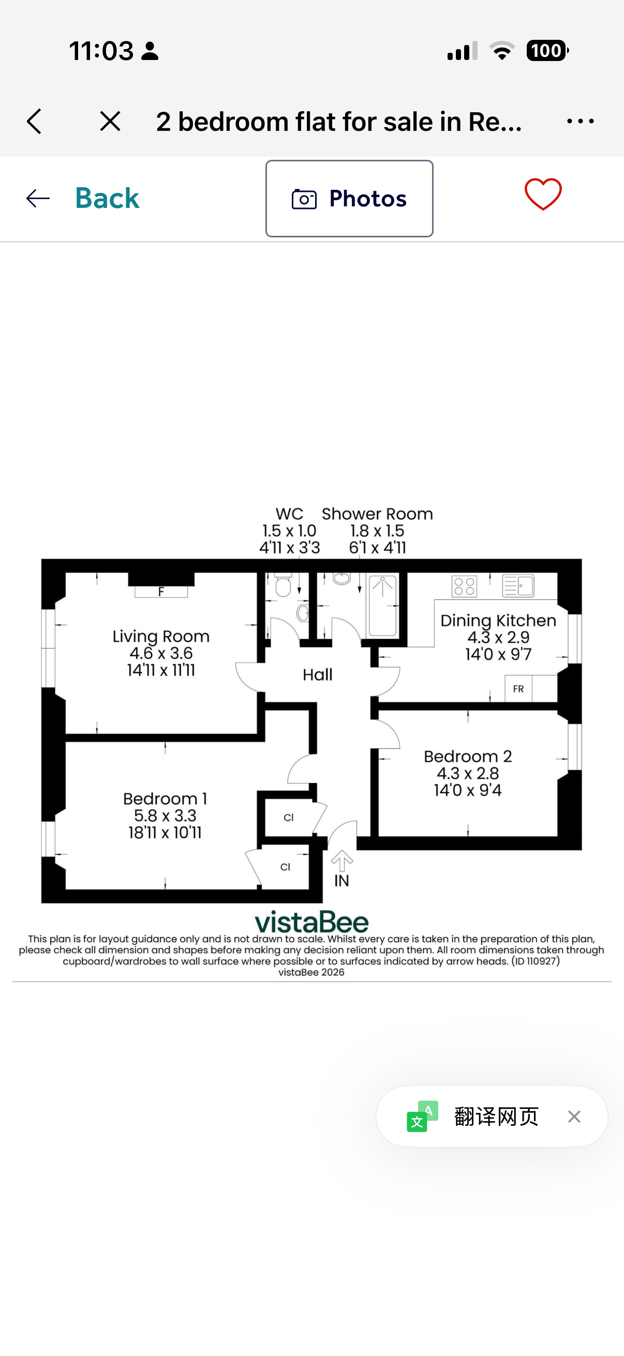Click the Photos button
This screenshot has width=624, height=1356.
coord(349,199)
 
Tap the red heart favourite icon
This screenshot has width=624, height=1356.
coord(543,194)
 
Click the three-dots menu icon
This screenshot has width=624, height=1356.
coord(581,122)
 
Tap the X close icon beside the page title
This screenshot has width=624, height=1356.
coord(110,122)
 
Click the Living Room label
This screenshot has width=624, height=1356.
coord(161,637)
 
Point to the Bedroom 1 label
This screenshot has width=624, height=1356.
coord(165,798)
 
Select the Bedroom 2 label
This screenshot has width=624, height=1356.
coord(468,757)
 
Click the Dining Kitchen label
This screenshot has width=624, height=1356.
coord(498,621)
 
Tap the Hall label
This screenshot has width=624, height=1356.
coord(318,675)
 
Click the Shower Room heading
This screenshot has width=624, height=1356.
coord(377,514)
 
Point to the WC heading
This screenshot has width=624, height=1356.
coord(289,514)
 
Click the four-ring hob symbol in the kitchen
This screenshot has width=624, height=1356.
coord(464,586)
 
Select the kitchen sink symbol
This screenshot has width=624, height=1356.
coord(518,585)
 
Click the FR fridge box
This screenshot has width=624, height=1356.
coord(518,688)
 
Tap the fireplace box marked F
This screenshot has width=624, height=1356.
coord(161,592)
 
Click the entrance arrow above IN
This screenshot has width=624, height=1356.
coord(342,861)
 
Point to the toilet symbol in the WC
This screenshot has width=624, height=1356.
coord(284,584)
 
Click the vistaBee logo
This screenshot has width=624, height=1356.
coord(311,922)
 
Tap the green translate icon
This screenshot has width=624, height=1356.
coord(422,1116)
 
